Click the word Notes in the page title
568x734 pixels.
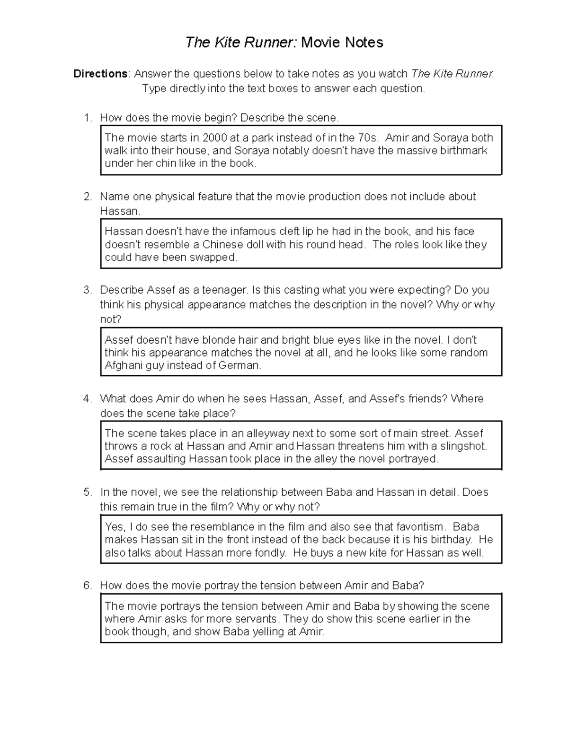coord(363,43)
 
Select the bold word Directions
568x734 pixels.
coord(100,74)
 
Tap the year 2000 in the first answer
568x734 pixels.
coord(214,138)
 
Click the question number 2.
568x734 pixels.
coord(87,197)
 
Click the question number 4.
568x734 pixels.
coord(87,399)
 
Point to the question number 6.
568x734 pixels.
coord(87,586)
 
